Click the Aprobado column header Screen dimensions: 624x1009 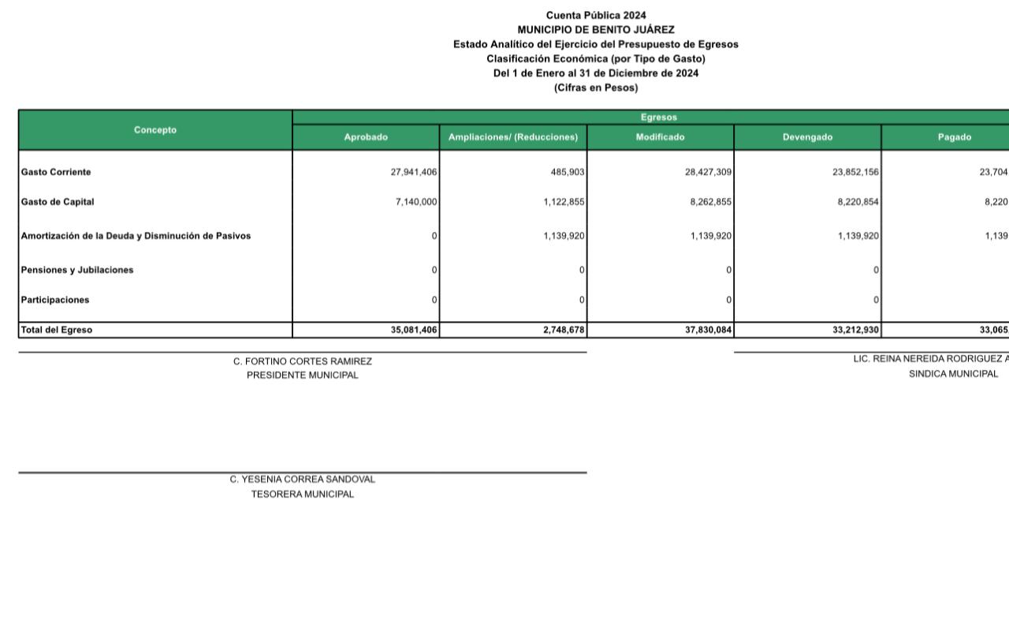point(366,137)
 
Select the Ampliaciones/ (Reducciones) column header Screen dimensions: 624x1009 point(513,137)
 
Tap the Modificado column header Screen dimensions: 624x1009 point(660,137)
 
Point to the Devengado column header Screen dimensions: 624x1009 point(807,137)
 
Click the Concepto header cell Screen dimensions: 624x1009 point(155,130)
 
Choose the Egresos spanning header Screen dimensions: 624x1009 point(659,118)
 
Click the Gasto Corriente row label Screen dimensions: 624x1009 point(56,172)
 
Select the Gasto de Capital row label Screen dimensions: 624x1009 point(58,202)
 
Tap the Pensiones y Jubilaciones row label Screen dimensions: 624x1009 point(77,270)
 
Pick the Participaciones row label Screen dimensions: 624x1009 point(55,300)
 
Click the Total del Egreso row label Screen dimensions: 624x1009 point(57,330)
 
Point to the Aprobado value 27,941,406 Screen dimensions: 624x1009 point(414,172)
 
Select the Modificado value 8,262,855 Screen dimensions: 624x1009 point(709,202)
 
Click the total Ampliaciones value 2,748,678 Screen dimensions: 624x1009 point(562,330)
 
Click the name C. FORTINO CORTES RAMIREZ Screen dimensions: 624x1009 point(303,361)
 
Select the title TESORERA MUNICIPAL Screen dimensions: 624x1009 point(303,495)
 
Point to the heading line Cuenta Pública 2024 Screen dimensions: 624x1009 point(596,15)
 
